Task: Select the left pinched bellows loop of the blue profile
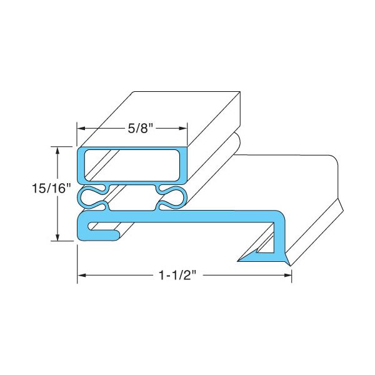click(x=92, y=197)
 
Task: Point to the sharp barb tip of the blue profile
click(x=238, y=259)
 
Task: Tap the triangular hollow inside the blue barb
click(x=266, y=251)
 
